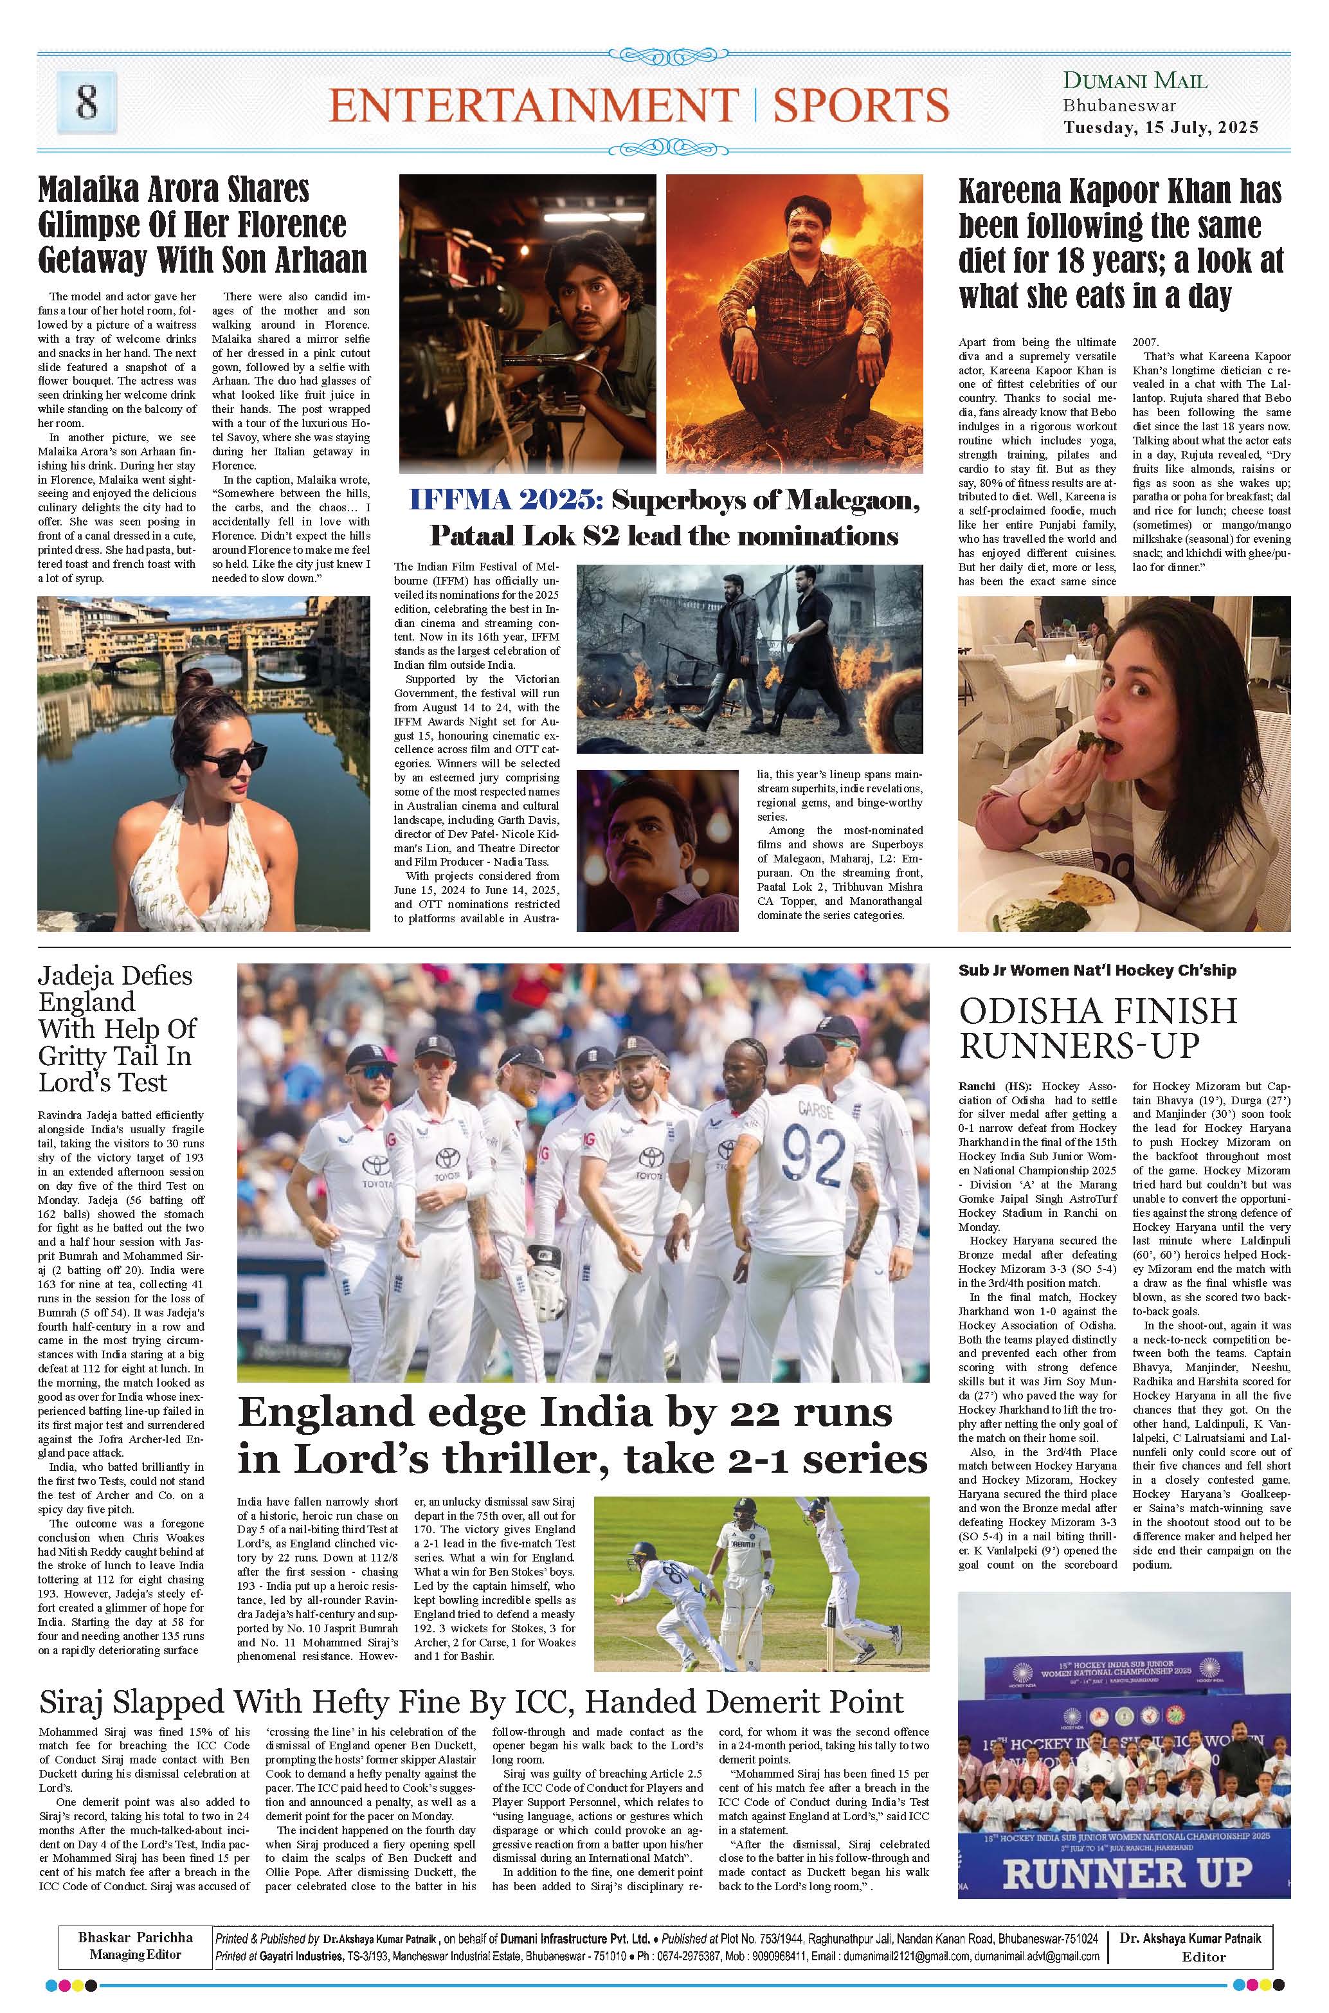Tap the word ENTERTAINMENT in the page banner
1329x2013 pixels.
click(x=533, y=105)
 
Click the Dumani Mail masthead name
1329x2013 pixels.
click(x=1135, y=82)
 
